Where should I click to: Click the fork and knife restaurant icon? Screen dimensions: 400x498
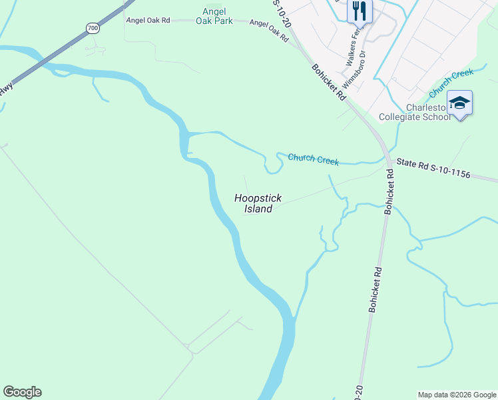tap(360, 11)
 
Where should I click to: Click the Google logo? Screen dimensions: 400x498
tap(22, 392)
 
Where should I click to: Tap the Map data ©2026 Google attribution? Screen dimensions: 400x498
tap(457, 395)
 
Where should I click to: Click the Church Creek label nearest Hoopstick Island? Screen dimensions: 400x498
tap(313, 159)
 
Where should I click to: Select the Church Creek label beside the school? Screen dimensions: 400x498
tap(451, 83)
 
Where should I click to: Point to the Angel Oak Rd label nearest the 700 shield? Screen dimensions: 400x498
tap(148, 21)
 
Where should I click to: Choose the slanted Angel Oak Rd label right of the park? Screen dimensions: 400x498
tap(268, 31)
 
